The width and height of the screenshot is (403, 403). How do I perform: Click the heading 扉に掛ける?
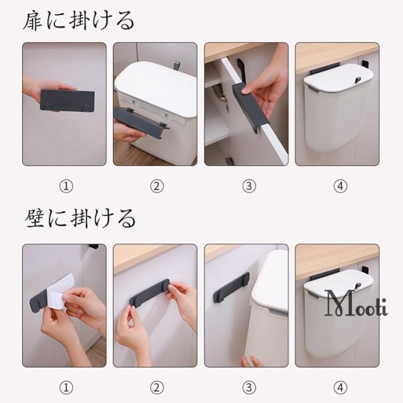click(78, 21)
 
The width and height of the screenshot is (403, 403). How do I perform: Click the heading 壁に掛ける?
click(80, 219)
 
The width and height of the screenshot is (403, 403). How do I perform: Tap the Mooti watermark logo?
click(356, 304)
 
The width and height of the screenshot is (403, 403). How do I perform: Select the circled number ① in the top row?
click(66, 186)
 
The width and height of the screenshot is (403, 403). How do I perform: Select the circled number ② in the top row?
click(157, 186)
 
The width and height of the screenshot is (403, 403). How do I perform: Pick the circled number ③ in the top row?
click(249, 186)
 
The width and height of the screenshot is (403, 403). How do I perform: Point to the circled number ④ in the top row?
click(340, 186)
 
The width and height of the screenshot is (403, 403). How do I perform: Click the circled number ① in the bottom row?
click(66, 388)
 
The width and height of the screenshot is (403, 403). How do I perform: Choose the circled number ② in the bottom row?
click(157, 388)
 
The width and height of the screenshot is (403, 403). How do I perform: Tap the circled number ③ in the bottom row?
click(249, 388)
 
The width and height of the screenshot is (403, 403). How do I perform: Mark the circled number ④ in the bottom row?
click(340, 388)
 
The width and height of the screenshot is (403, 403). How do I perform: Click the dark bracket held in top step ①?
click(67, 101)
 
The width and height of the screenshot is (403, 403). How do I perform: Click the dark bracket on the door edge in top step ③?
click(250, 106)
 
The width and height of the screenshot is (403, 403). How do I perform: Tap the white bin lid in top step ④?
click(338, 76)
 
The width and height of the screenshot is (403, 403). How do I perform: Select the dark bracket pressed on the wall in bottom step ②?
click(150, 293)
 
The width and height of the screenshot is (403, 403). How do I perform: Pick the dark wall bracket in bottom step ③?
click(231, 288)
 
